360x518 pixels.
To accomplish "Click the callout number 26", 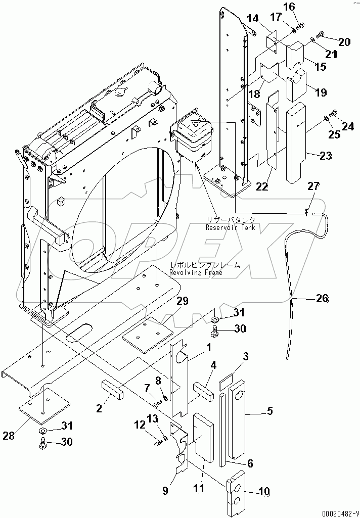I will click(322, 299).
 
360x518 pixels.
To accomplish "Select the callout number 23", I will click(326, 156).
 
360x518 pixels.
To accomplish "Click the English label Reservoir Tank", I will click(230, 228).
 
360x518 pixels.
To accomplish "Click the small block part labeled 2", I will click(115, 391).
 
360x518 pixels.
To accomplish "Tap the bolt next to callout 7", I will click(158, 403).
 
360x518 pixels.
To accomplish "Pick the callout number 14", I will click(252, 19).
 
